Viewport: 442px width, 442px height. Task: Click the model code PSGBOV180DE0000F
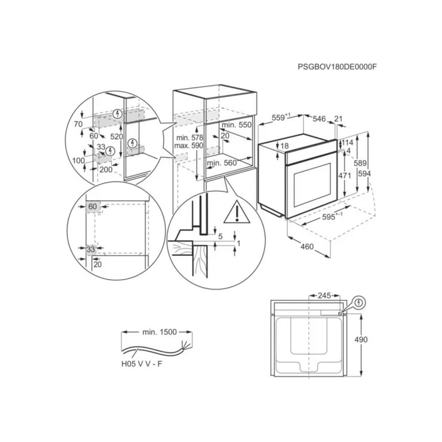click(x=336, y=67)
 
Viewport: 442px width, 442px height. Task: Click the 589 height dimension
click(x=360, y=163)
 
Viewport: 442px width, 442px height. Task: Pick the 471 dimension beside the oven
click(x=345, y=175)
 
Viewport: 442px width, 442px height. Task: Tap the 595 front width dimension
click(x=330, y=218)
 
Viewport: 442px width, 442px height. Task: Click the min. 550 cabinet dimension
click(x=238, y=125)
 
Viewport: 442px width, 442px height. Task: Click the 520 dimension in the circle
click(x=116, y=135)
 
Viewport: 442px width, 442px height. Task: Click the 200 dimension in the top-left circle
click(x=106, y=170)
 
